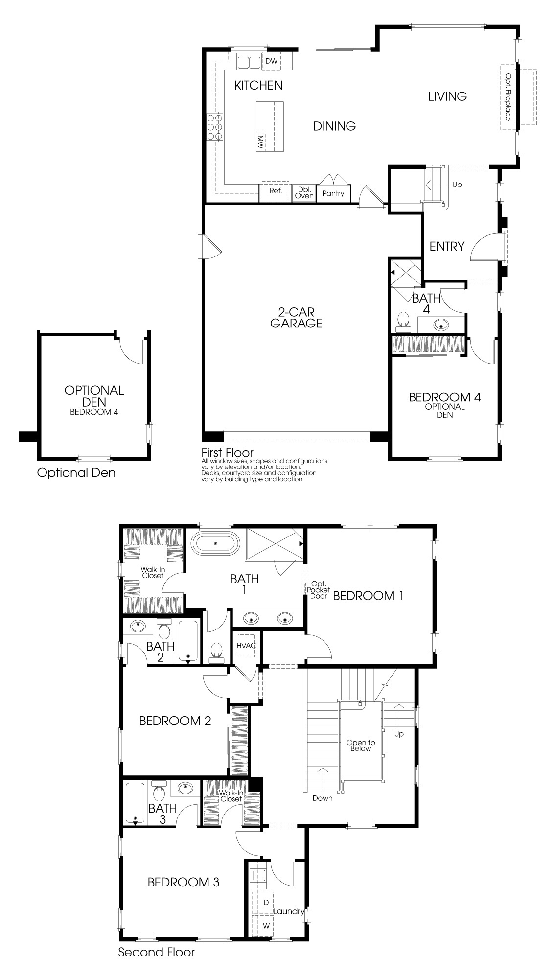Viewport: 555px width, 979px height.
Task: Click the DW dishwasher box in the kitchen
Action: [x=272, y=61]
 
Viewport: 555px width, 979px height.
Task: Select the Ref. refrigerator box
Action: [x=276, y=191]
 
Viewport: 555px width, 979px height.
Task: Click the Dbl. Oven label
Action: [x=304, y=192]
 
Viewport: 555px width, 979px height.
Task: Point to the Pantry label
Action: [x=333, y=193]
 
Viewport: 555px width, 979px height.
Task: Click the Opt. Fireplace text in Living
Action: [x=509, y=97]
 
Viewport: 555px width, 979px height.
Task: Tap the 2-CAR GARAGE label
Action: [x=296, y=317]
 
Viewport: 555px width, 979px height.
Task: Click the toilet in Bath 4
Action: [x=404, y=320]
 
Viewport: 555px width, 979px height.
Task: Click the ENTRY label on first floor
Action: [x=446, y=246]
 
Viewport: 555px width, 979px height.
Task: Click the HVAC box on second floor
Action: [x=246, y=646]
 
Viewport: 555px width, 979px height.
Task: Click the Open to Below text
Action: [x=360, y=746]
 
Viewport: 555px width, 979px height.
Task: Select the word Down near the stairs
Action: [x=322, y=798]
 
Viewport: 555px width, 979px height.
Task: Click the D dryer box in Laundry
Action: [x=266, y=902]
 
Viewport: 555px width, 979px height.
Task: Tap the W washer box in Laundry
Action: [x=266, y=926]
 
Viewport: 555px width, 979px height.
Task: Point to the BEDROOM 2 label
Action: [x=175, y=721]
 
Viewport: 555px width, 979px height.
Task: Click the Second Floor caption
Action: [x=156, y=952]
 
